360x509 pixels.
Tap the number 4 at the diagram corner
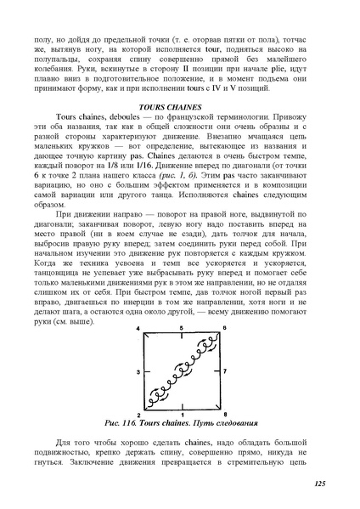pyautogui.click(x=138, y=328)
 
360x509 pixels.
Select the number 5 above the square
pyautogui.click(x=182, y=328)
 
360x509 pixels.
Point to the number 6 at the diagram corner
pyautogui.click(x=223, y=328)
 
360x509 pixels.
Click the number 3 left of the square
pyautogui.click(x=136, y=371)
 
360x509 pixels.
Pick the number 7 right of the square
pyautogui.click(x=225, y=371)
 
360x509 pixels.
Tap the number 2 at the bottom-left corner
pyautogui.click(x=138, y=414)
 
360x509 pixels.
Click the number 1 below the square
pyautogui.click(x=182, y=415)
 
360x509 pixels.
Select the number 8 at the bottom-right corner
pyautogui.click(x=223, y=414)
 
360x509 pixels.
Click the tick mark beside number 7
pyautogui.click(x=218, y=371)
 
